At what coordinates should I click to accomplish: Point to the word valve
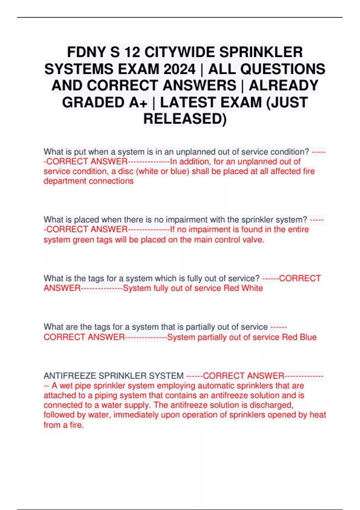(x=254, y=240)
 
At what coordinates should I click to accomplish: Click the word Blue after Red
(x=308, y=337)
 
